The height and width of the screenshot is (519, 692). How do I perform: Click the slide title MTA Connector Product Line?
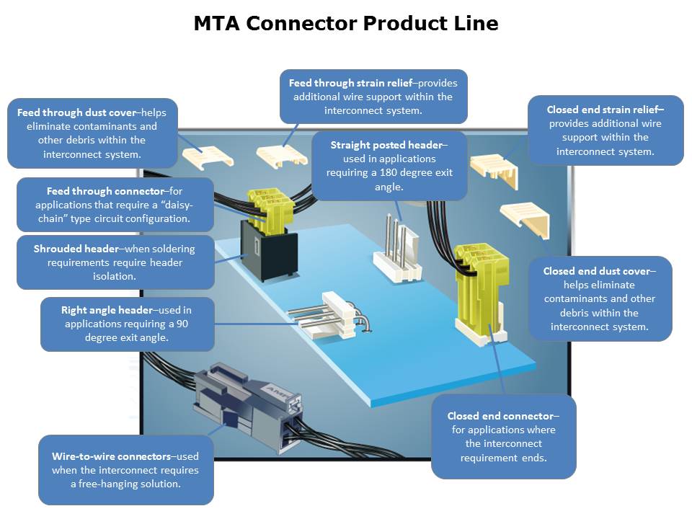[346, 24]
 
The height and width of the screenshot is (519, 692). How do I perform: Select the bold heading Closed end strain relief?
[604, 110]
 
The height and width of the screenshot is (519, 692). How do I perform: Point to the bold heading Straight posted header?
[388, 145]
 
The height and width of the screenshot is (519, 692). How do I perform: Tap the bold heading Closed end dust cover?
[598, 271]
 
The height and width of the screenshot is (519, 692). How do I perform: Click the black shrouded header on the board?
[270, 251]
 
